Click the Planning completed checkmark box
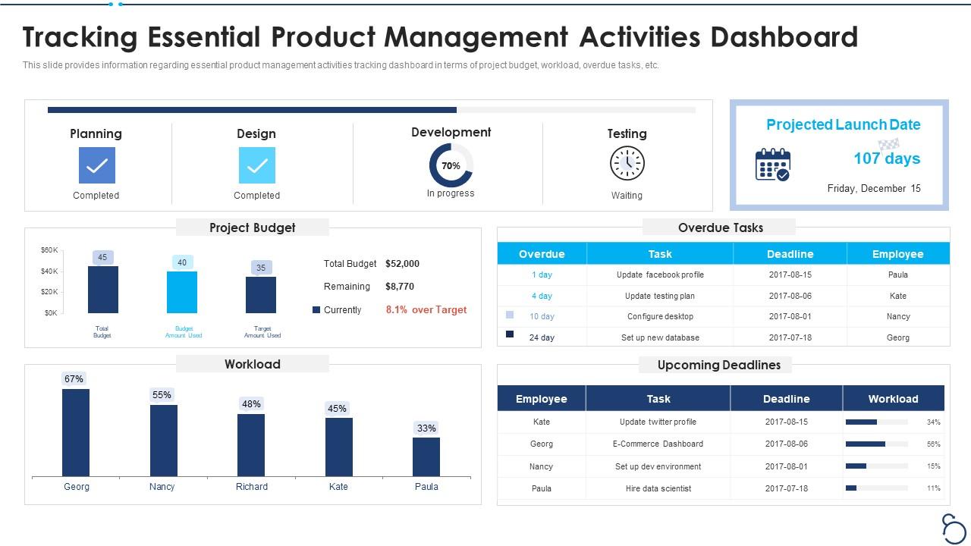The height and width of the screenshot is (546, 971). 97,165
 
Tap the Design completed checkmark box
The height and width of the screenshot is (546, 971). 257,165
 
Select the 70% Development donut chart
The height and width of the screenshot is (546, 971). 451,165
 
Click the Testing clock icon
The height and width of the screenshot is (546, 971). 627,164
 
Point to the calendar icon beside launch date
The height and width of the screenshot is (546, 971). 772,165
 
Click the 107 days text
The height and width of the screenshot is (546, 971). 886,158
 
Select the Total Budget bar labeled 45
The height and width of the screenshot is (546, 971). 102,289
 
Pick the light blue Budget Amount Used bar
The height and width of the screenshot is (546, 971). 182,292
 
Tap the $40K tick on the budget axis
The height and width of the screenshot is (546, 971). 49,271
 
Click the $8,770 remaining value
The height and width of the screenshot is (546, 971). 400,287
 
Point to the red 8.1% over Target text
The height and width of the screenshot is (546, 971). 426,309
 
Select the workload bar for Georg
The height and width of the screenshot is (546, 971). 76,432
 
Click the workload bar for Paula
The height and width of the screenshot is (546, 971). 426,457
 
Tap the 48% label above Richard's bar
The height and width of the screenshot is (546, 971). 251,404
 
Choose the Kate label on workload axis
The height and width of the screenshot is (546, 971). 338,487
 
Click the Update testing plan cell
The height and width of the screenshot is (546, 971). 659,296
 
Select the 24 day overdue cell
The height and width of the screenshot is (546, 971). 542,337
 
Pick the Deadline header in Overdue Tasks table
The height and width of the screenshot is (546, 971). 790,254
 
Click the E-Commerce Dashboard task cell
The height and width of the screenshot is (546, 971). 658,444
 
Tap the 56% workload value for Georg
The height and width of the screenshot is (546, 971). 933,444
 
